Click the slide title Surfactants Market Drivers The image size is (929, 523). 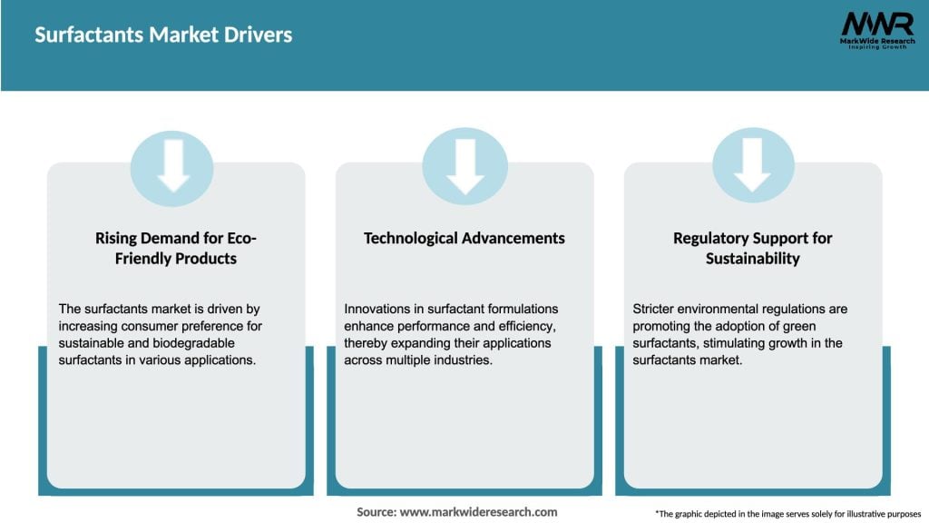164,35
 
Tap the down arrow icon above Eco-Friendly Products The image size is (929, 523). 172,167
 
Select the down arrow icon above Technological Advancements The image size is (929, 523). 464,167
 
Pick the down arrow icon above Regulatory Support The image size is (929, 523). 752,167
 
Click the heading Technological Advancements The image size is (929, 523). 464,238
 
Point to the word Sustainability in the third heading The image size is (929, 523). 752,259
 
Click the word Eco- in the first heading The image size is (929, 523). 239,238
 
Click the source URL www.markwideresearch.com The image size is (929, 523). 479,512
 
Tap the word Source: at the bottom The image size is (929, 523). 376,512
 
